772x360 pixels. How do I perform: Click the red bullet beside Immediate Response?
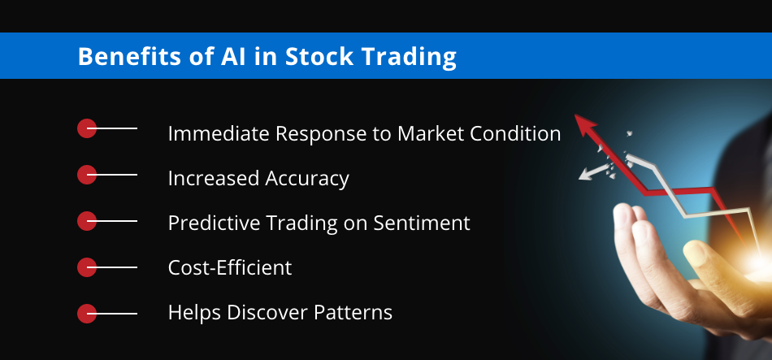point(87,128)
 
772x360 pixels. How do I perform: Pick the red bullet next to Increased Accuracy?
point(87,175)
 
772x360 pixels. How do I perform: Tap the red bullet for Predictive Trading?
point(87,221)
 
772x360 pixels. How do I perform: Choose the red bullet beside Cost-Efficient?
point(87,267)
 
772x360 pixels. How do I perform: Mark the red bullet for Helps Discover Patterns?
point(87,314)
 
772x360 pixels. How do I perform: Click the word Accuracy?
point(307,179)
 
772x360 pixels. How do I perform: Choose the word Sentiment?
point(422,223)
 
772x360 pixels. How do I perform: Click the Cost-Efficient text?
point(230,268)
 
